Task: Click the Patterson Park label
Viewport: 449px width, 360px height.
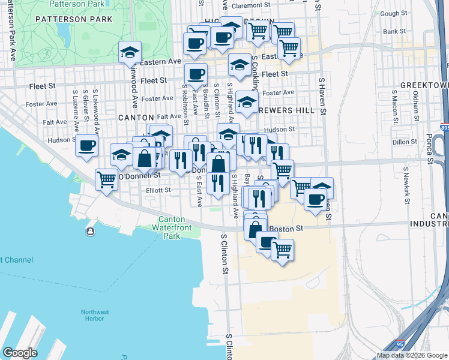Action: click(x=74, y=19)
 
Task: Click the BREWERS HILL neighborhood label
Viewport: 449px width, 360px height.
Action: click(x=286, y=110)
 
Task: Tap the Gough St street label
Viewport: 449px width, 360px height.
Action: click(x=394, y=13)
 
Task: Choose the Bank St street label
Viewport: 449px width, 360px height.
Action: click(x=394, y=31)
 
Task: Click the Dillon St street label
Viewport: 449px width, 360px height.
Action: click(x=403, y=142)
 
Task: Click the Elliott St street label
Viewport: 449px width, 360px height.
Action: click(x=158, y=190)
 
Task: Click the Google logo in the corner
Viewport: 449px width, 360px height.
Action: click(x=20, y=353)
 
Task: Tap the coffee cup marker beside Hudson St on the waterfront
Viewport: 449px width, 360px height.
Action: click(x=86, y=145)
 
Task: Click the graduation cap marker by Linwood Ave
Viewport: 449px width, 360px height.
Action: click(x=130, y=52)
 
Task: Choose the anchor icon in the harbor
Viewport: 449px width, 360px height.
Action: click(x=90, y=232)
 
